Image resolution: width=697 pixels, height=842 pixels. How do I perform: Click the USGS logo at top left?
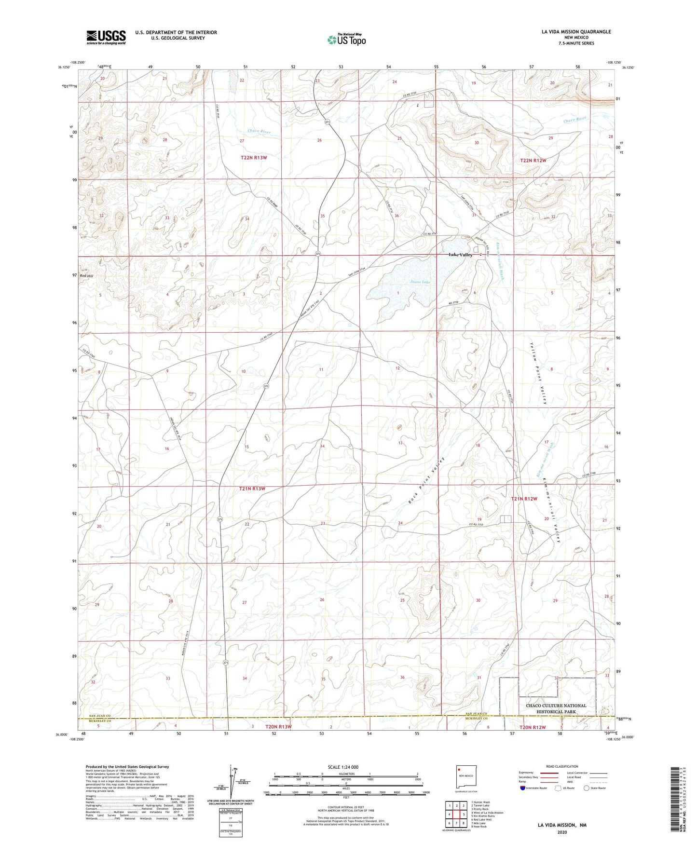tap(106, 37)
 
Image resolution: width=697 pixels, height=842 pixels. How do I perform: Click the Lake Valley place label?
tap(460, 255)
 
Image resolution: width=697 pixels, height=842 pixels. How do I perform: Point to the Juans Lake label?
tap(420, 282)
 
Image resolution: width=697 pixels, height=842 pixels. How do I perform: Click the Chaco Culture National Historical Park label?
tap(556, 708)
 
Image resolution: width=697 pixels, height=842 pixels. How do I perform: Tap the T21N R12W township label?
tap(524, 499)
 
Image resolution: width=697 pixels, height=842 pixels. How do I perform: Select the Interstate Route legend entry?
tap(533, 788)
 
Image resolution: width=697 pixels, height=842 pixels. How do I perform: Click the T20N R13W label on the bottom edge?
tap(278, 726)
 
